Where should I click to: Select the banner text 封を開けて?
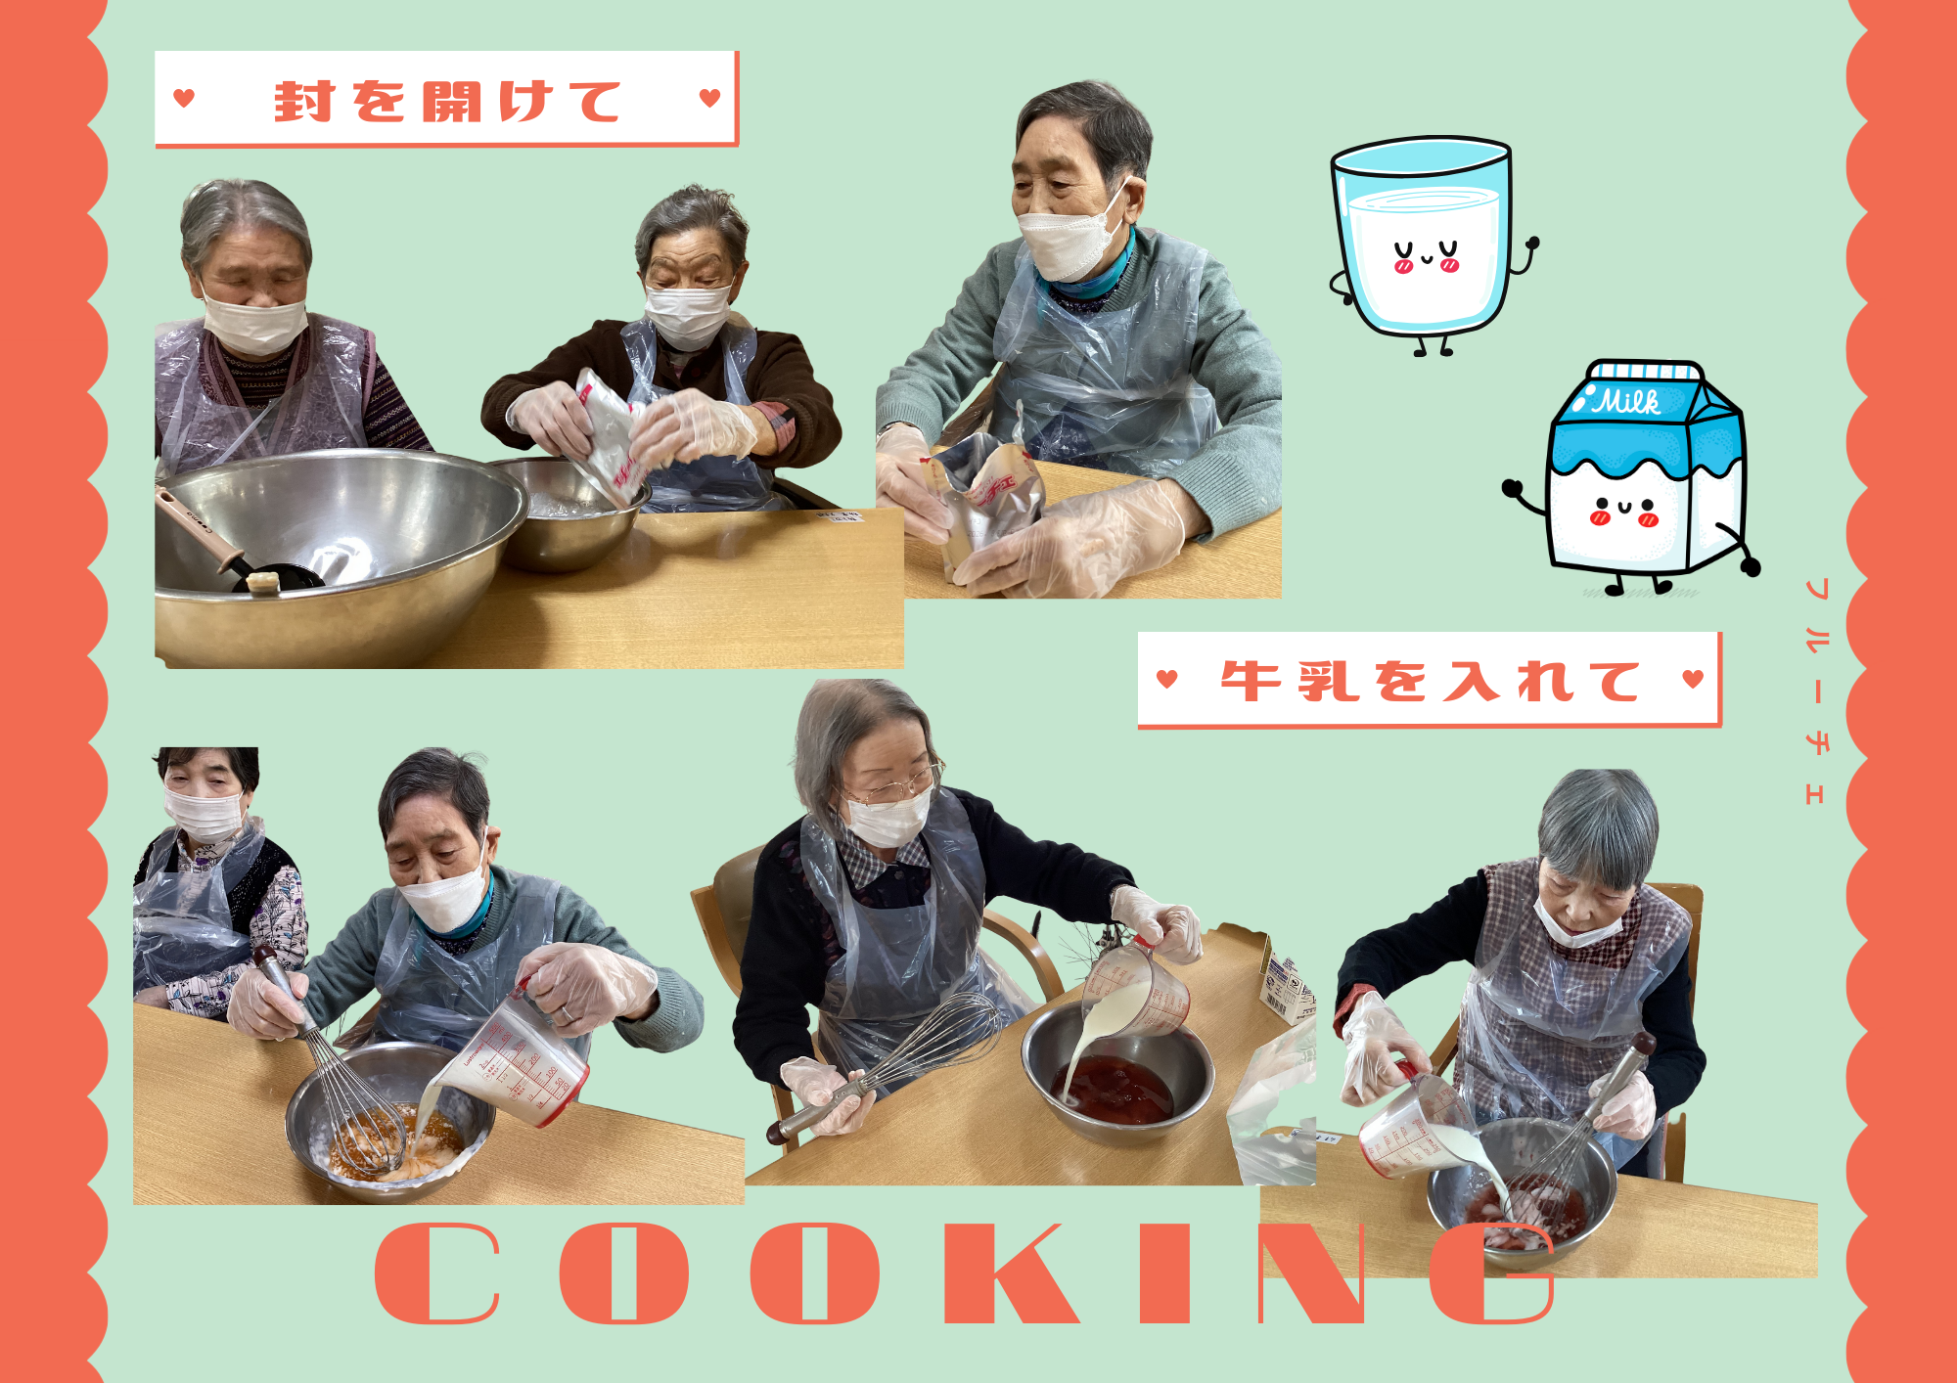(x=447, y=102)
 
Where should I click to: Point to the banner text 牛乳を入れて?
(x=1430, y=681)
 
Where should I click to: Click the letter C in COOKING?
(x=437, y=1273)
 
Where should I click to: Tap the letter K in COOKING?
(x=1012, y=1273)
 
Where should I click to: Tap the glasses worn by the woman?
(x=890, y=782)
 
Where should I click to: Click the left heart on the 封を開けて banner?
(x=184, y=98)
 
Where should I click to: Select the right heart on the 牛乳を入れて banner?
(x=1694, y=678)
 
